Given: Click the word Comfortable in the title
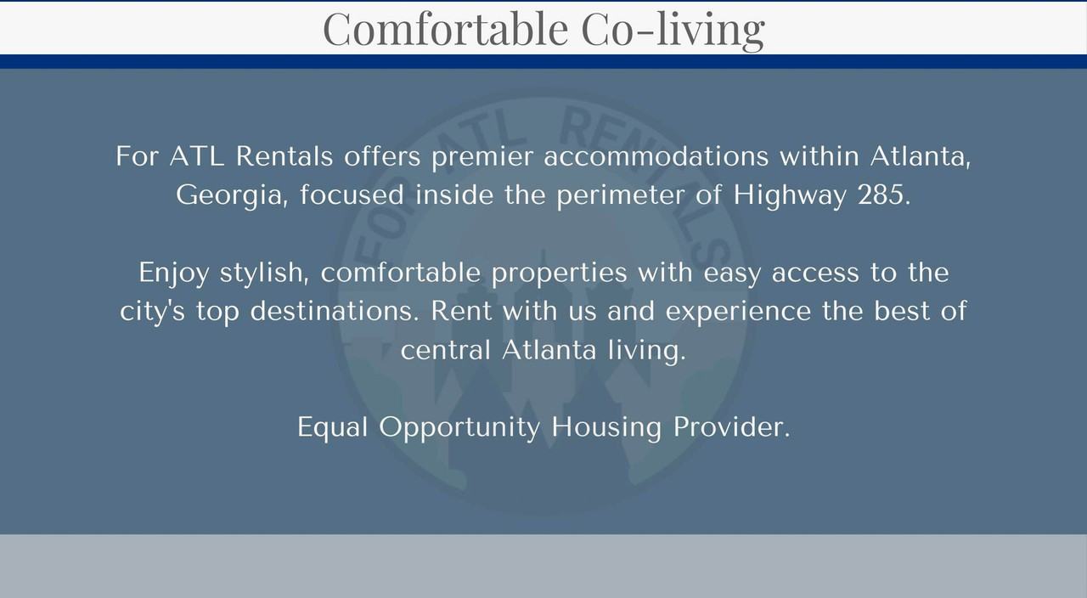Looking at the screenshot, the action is (446, 29).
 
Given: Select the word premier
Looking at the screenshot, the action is (482, 157).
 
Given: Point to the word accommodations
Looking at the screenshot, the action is (656, 156).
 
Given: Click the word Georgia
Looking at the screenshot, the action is (232, 195).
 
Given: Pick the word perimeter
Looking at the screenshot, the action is (620, 195).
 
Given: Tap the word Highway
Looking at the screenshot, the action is (790, 195).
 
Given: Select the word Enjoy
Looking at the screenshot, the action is (174, 274).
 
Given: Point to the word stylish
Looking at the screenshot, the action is (264, 273).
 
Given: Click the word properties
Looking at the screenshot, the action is (559, 274).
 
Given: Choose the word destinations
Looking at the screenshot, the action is (335, 311).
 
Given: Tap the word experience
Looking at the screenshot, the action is (738, 312).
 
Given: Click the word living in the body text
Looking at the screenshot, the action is (647, 351).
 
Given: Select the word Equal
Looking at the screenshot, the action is (332, 427).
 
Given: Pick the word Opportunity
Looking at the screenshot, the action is (459, 428).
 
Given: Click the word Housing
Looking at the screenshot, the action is (606, 428).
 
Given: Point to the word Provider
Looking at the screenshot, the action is (731, 427).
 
